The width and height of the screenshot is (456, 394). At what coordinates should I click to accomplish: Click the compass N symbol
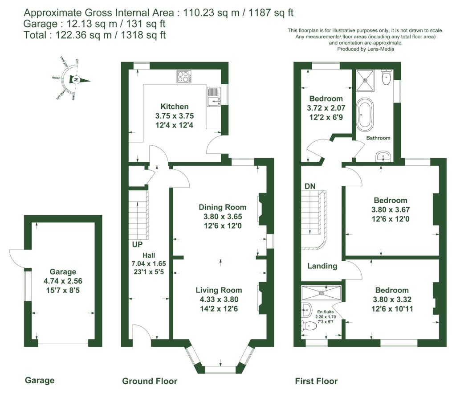[77, 80]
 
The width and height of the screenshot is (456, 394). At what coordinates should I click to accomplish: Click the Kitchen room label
[175, 107]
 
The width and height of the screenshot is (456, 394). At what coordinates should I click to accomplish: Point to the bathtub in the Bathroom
[368, 114]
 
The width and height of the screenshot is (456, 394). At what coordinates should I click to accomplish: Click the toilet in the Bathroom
[386, 78]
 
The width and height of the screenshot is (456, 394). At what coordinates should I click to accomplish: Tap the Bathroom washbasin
[382, 156]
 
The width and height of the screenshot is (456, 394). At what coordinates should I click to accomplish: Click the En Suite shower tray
[321, 293]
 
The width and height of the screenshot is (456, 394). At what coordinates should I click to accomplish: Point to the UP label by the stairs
[137, 245]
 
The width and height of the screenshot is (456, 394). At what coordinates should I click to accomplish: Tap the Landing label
[322, 266]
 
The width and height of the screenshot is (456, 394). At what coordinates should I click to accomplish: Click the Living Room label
[219, 290]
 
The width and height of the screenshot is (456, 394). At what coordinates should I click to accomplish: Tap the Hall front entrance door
[141, 333]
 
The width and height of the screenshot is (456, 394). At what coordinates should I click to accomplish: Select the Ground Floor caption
[150, 381]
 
